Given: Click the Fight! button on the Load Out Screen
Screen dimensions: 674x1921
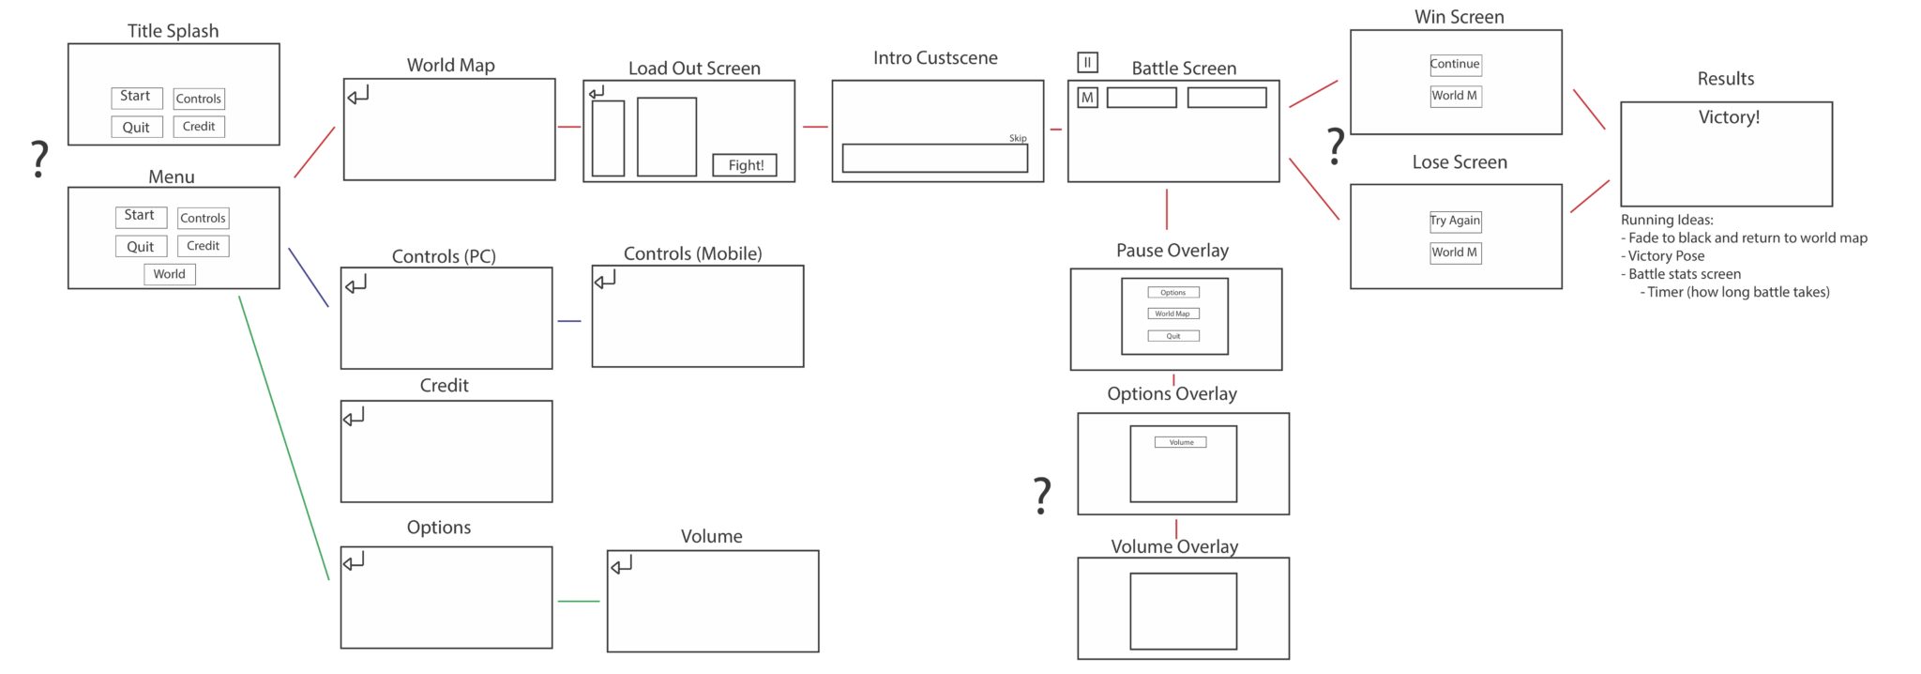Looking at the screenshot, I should coord(745,165).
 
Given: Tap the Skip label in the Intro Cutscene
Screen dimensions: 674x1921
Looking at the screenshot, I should coord(1018,138).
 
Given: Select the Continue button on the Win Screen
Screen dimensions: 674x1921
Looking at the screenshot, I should coord(1455,64).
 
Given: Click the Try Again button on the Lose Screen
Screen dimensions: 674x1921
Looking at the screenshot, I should coord(1455,221).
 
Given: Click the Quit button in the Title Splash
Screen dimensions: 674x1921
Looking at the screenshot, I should coord(136,127).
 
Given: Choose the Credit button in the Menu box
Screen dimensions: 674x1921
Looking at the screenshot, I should coord(203,246).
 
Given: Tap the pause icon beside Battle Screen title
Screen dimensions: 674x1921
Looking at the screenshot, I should coord(1087,63).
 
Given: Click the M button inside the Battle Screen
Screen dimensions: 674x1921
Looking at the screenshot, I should coord(1087,98).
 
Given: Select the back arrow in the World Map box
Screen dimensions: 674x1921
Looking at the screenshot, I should coord(358,94).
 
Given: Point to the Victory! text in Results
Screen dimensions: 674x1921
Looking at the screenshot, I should coord(1729,117).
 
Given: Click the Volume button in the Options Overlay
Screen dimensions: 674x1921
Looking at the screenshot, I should coord(1181,442).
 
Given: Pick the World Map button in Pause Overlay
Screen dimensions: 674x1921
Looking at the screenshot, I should coord(1172,314).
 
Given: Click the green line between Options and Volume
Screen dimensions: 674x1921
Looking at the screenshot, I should coord(579,601).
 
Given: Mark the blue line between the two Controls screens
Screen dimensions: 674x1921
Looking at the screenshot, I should coord(569,321).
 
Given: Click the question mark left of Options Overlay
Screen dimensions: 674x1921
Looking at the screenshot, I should coord(1041,496).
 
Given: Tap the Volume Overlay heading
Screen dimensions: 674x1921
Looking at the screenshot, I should coord(1174,546).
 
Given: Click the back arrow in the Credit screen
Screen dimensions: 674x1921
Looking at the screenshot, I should coord(354,417).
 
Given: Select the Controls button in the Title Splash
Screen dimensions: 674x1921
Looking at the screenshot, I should coord(199,99).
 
